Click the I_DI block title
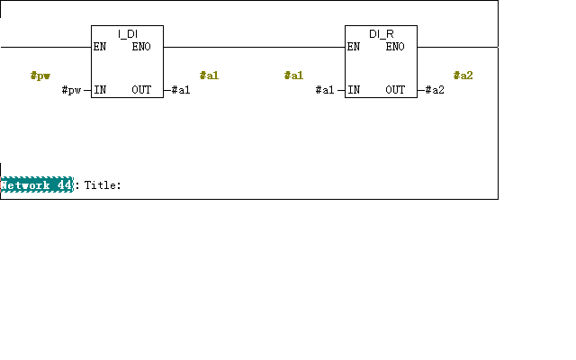point(128,34)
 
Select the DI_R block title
point(382,34)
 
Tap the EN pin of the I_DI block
point(100,47)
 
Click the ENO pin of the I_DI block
point(141,47)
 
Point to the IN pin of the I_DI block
point(100,90)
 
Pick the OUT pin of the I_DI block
point(141,90)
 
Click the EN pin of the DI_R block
point(354,47)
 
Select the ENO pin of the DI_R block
point(395,47)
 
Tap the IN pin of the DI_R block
point(354,90)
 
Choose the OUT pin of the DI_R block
point(395,90)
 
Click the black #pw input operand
point(71,90)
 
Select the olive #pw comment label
point(40,76)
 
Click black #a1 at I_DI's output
point(181,90)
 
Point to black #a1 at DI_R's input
point(325,90)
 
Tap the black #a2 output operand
point(435,90)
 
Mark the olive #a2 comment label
point(463,76)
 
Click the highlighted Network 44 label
point(37,184)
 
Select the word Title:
point(103,185)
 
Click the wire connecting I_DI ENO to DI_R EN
point(254,47)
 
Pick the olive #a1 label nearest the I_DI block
point(209,76)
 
